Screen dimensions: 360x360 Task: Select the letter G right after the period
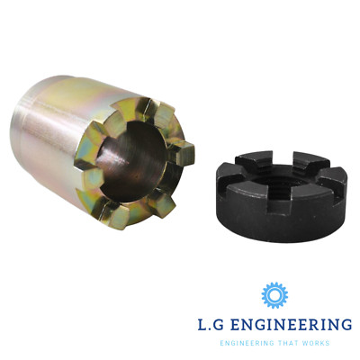(x=224, y=324)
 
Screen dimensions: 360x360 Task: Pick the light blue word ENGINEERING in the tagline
(x=236, y=343)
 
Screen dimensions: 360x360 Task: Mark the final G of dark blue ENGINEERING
(x=345, y=324)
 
